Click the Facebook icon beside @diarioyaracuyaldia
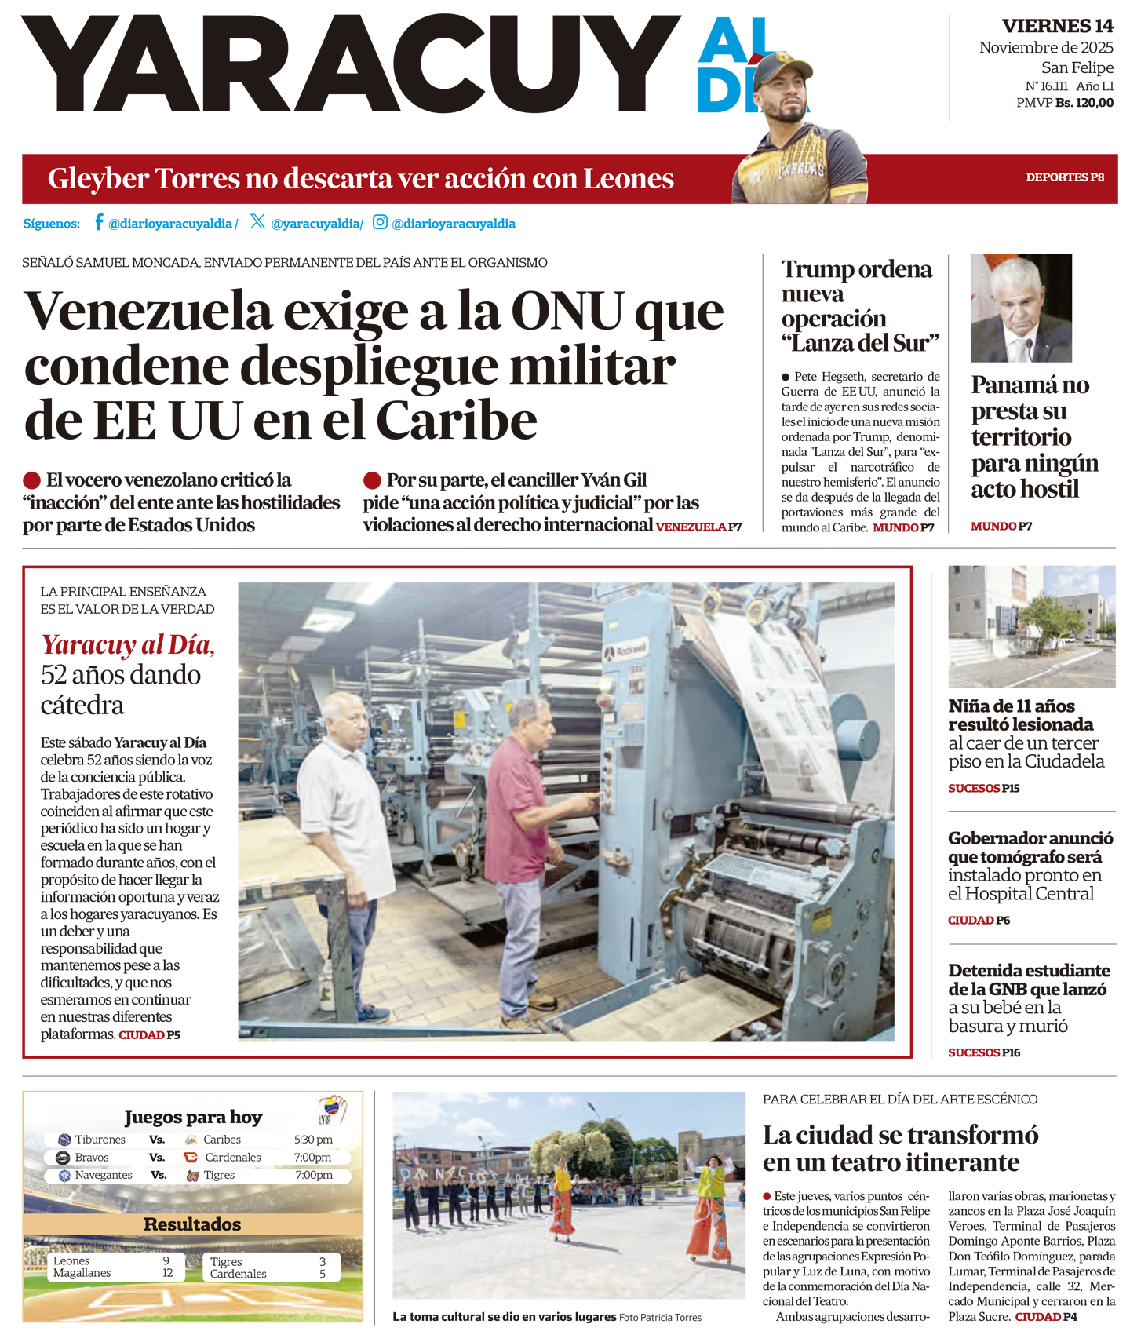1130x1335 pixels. (99, 222)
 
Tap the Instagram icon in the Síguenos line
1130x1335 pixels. (380, 222)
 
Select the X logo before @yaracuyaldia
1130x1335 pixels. (257, 222)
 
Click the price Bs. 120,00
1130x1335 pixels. (1084, 103)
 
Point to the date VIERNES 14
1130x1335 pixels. (1057, 26)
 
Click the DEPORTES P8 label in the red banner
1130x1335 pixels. (1064, 177)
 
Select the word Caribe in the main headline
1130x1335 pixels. (457, 421)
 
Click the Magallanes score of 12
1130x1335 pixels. (167, 1273)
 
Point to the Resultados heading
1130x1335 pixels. (192, 1224)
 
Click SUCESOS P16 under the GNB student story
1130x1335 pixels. (984, 1052)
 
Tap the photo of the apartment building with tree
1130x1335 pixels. (1031, 626)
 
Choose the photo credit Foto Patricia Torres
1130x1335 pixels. (660, 1318)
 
